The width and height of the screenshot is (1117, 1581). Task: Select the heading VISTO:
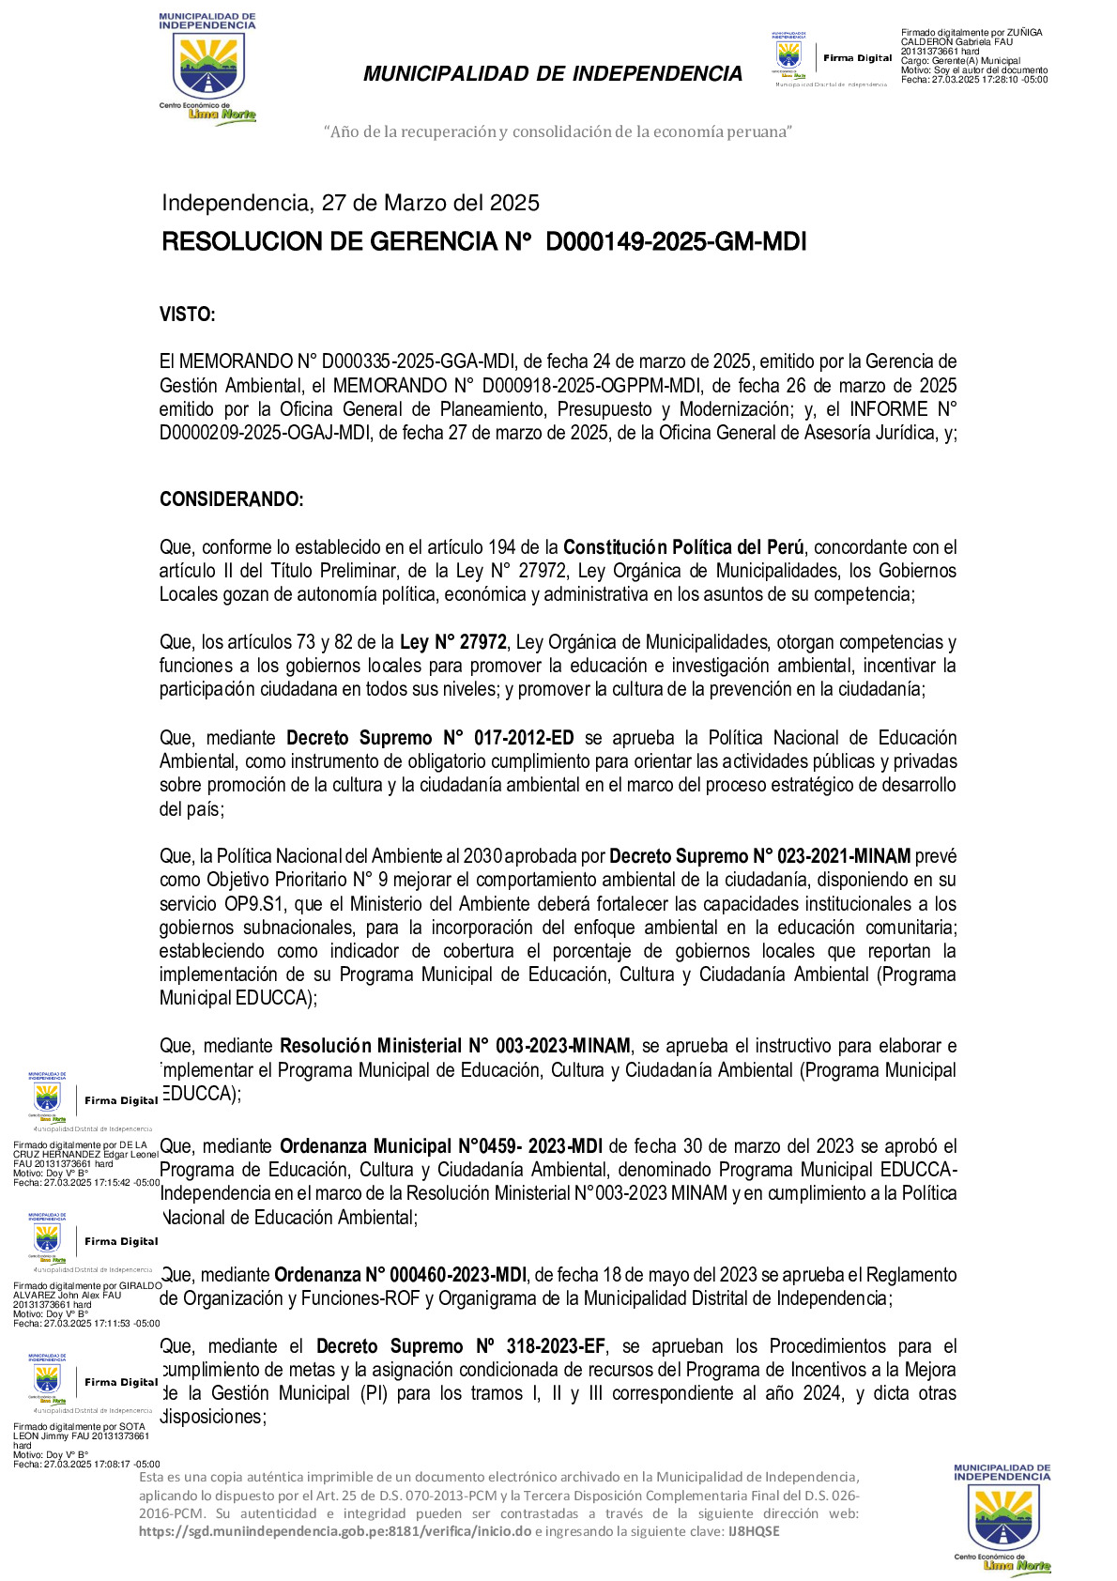click(188, 315)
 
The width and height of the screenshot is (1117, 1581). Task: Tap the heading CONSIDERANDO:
click(231, 499)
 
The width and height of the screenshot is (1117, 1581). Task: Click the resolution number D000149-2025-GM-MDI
click(676, 242)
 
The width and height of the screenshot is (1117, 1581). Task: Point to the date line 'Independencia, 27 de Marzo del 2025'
click(350, 203)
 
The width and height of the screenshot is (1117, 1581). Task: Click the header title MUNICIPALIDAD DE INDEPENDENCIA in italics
click(553, 74)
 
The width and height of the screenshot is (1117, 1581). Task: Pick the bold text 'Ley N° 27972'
click(453, 642)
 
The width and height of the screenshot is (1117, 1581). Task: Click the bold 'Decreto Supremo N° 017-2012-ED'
click(430, 738)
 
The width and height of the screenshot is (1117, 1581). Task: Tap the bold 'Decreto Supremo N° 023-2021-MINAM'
click(759, 856)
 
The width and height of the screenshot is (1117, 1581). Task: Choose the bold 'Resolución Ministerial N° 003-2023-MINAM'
click(455, 1046)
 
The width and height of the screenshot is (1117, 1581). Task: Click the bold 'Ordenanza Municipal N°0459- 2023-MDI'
click(441, 1146)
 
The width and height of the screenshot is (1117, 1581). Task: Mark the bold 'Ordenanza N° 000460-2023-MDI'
click(400, 1275)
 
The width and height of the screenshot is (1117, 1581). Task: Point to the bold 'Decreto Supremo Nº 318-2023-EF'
click(461, 1346)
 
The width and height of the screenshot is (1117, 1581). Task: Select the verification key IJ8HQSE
click(754, 1531)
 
